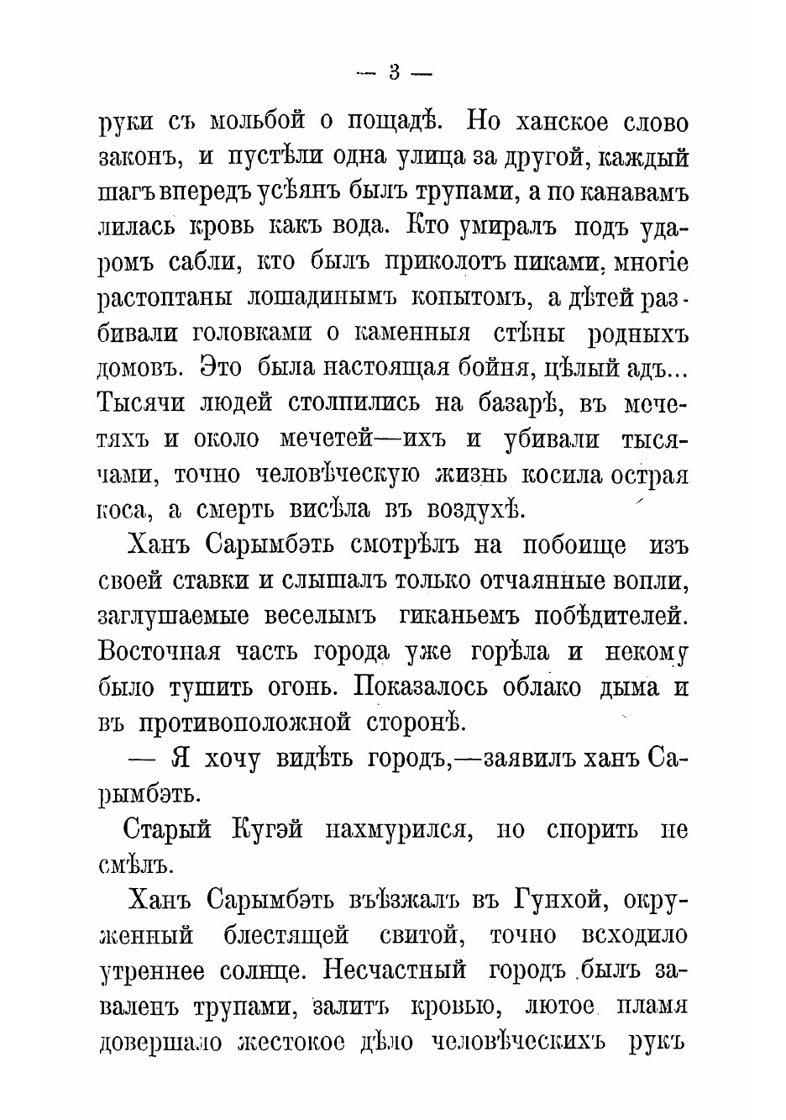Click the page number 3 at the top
(394, 73)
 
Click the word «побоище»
(575, 544)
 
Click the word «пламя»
(652, 1007)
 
